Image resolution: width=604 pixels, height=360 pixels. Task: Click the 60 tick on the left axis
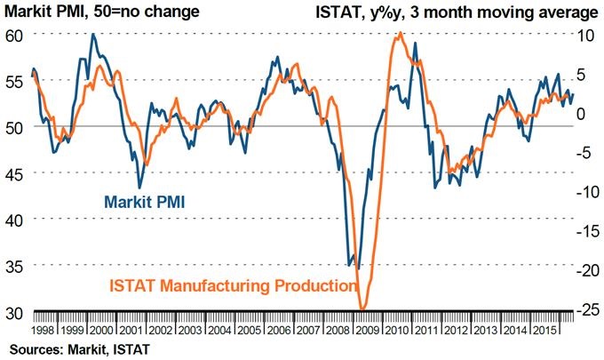[17, 35]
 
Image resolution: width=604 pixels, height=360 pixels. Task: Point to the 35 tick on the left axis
[17, 266]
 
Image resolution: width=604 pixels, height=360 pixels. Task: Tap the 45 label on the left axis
[17, 173]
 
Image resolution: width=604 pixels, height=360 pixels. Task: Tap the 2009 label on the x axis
[363, 328]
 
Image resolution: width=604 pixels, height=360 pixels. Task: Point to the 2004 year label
[219, 328]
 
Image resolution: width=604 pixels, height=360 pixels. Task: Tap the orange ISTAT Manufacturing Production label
[232, 286]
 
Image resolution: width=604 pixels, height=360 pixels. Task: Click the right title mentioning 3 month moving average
[455, 12]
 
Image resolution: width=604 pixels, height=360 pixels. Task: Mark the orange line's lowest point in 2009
[362, 308]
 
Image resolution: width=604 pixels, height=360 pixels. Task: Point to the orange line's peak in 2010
[401, 33]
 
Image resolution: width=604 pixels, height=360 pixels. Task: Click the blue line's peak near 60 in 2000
[93, 35]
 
